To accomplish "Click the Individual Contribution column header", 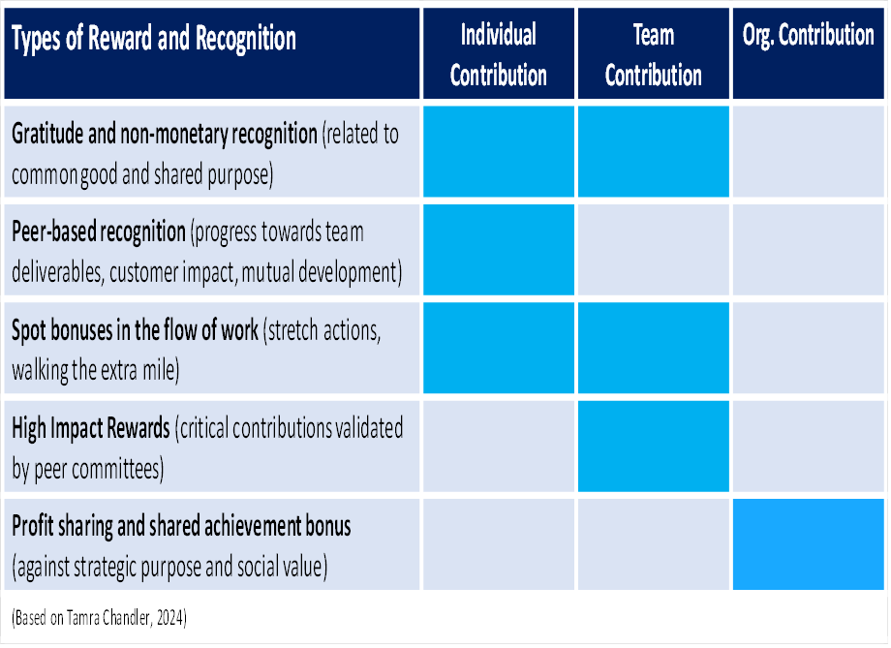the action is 499,53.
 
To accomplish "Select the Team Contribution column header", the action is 654,53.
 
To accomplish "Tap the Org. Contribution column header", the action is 809,53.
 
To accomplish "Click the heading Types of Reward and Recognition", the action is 154,38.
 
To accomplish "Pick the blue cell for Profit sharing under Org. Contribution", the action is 809,544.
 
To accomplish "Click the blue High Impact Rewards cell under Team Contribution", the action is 654,447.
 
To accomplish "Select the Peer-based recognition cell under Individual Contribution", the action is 499,250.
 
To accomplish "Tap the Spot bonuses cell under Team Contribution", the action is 654,348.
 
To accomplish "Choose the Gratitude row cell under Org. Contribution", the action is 809,151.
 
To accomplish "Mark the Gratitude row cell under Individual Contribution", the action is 499,151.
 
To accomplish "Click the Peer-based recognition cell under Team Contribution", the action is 654,250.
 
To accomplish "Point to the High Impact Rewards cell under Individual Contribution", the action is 499,447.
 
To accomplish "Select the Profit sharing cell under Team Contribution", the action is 654,544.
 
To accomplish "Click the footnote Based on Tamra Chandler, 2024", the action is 99,618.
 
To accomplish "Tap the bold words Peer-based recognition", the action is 99,231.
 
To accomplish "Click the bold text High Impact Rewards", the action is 91,428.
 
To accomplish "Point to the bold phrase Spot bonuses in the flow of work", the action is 135,330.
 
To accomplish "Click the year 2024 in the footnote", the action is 169,618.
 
